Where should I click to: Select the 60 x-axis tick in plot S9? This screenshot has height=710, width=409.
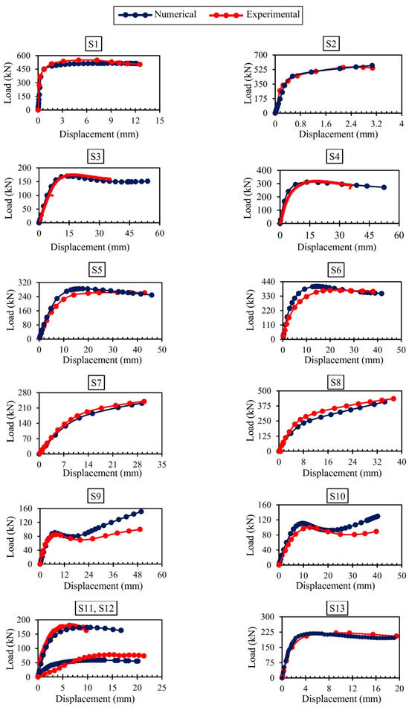tap(161, 575)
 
